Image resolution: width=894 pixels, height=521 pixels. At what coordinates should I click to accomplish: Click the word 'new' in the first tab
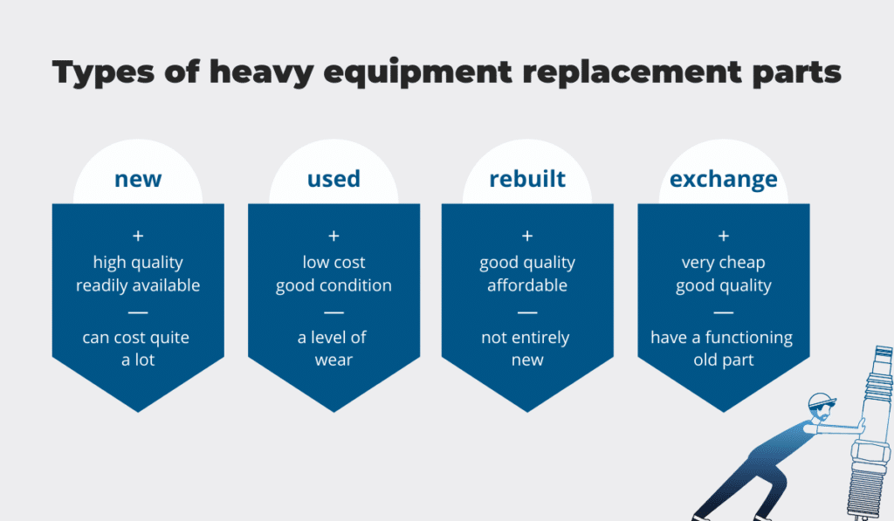[x=138, y=179]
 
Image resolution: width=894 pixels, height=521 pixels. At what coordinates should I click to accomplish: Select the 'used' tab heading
[x=334, y=178]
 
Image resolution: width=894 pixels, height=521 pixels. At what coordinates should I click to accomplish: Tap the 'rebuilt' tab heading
[x=527, y=178]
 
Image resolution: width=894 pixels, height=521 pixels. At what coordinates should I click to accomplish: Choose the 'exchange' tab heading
[x=724, y=179]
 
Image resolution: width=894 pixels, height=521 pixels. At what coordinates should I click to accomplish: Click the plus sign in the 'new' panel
[x=138, y=236]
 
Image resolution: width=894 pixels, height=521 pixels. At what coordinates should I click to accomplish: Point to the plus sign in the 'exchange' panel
[x=724, y=236]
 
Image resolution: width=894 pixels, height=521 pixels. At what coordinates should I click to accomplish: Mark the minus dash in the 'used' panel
[x=334, y=312]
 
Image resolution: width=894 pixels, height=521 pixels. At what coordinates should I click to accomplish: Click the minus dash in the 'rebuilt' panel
[x=527, y=312]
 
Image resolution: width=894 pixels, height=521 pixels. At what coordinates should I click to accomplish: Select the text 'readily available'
[x=138, y=285]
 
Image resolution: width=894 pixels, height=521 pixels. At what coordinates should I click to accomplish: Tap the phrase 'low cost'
[x=334, y=262]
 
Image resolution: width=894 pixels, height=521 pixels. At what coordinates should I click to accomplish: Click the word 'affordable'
[x=527, y=285]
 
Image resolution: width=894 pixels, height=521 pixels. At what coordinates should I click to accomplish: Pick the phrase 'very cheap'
[x=724, y=263]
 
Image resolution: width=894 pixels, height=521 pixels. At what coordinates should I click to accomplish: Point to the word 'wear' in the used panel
[x=334, y=360]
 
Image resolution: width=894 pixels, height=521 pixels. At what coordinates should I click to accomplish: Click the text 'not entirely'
[x=525, y=338]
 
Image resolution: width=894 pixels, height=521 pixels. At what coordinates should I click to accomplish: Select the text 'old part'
[x=724, y=360]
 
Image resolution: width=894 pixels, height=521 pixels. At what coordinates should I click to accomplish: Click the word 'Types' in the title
[x=103, y=73]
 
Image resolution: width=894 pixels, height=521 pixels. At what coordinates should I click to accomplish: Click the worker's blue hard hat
[x=822, y=400]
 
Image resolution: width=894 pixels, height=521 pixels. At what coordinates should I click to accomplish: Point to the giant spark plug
[x=871, y=433]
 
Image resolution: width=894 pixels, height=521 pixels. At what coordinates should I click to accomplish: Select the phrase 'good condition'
[x=334, y=285]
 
